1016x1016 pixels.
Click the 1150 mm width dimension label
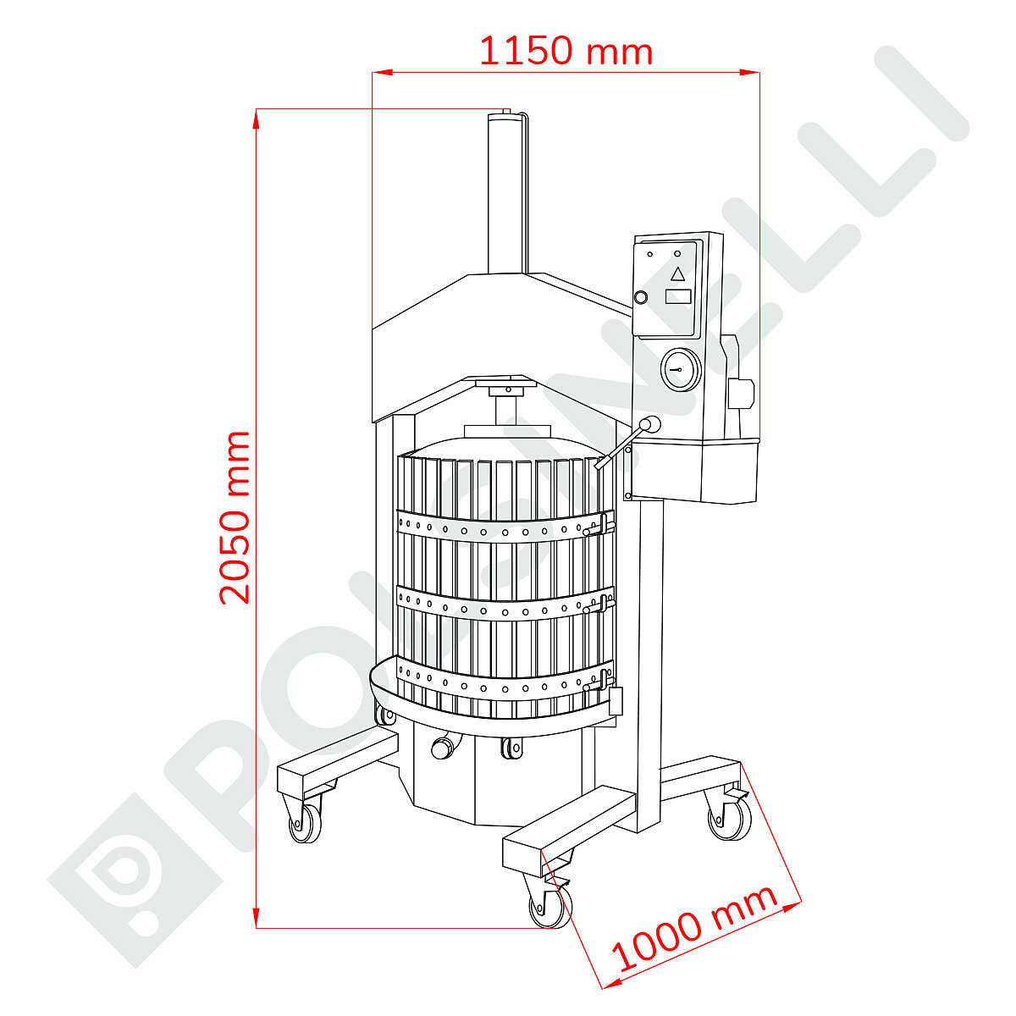[x=566, y=51]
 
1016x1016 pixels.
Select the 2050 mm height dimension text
[x=235, y=517]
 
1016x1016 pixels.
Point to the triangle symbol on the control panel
[x=677, y=273]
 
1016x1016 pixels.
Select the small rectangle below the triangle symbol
[x=677, y=296]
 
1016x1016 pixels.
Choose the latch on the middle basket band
[x=603, y=602]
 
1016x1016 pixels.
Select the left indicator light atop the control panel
[x=650, y=254]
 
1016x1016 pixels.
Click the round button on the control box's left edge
[x=641, y=297]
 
